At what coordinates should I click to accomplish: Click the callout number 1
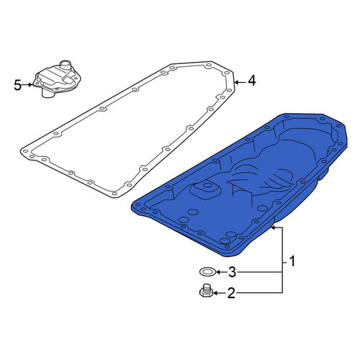tap(292, 262)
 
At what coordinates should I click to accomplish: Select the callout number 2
tap(231, 293)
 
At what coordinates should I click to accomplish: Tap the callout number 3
tap(232, 272)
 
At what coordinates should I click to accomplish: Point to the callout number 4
tap(251, 81)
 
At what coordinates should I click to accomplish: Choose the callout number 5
tap(17, 85)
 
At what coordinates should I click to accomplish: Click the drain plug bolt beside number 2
tap(206, 291)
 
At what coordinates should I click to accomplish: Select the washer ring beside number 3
tap(207, 272)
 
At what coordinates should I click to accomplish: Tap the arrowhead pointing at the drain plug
tap(215, 293)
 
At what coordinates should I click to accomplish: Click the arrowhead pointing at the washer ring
tap(218, 272)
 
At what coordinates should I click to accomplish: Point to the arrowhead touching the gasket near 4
tap(237, 83)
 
